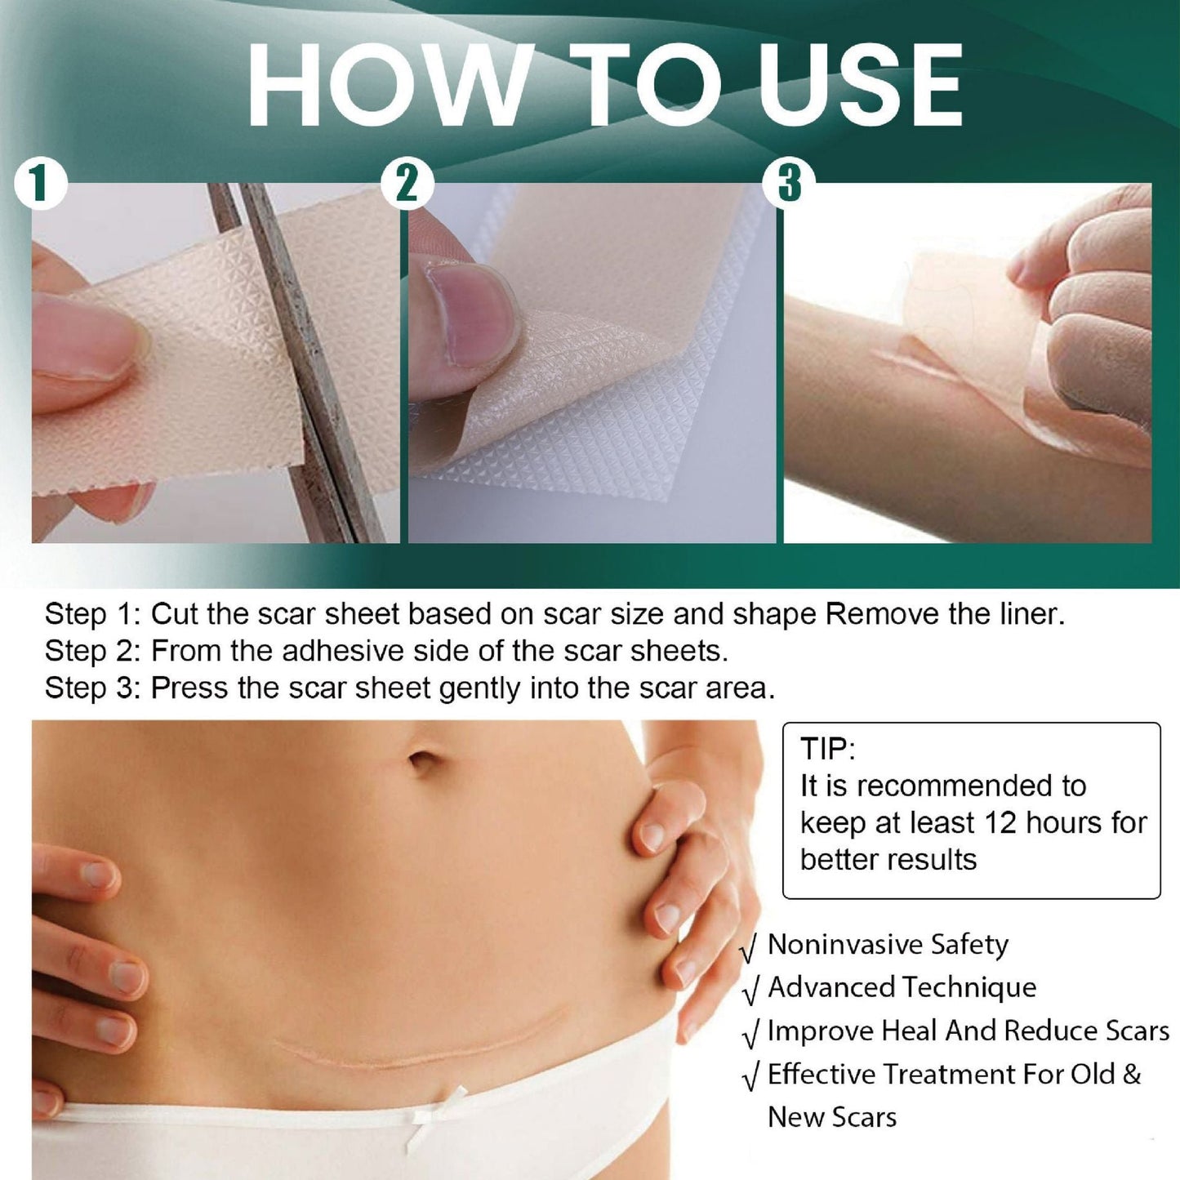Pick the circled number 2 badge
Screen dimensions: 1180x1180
[407, 184]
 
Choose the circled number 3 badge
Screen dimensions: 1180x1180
[789, 184]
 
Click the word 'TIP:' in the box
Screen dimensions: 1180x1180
[827, 749]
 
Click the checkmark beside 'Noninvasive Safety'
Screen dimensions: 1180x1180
[749, 949]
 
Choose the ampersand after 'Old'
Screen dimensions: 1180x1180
[1131, 1074]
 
